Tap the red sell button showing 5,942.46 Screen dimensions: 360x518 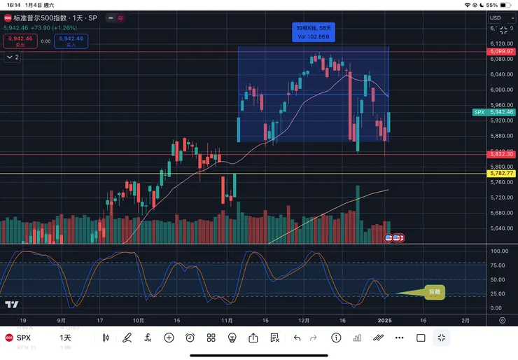click(20, 41)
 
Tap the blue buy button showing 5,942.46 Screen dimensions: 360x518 click(71, 41)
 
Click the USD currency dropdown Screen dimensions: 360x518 click(499, 18)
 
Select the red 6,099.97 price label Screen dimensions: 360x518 click(501, 52)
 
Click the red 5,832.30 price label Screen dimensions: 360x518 click(501, 154)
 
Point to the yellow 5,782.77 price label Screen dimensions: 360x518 click(501, 173)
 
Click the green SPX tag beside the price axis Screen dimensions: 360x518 click(479, 112)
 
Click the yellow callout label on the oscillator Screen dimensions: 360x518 click(434, 292)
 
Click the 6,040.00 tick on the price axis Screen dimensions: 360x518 click(500, 75)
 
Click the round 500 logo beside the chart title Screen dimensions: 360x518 click(8, 18)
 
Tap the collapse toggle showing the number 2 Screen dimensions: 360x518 click(12, 57)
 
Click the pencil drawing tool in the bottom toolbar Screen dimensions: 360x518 click(127, 338)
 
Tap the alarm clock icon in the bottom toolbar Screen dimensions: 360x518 click(190, 338)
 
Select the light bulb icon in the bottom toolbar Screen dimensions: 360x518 click(232, 338)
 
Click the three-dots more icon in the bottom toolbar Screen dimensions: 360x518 click(400, 338)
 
